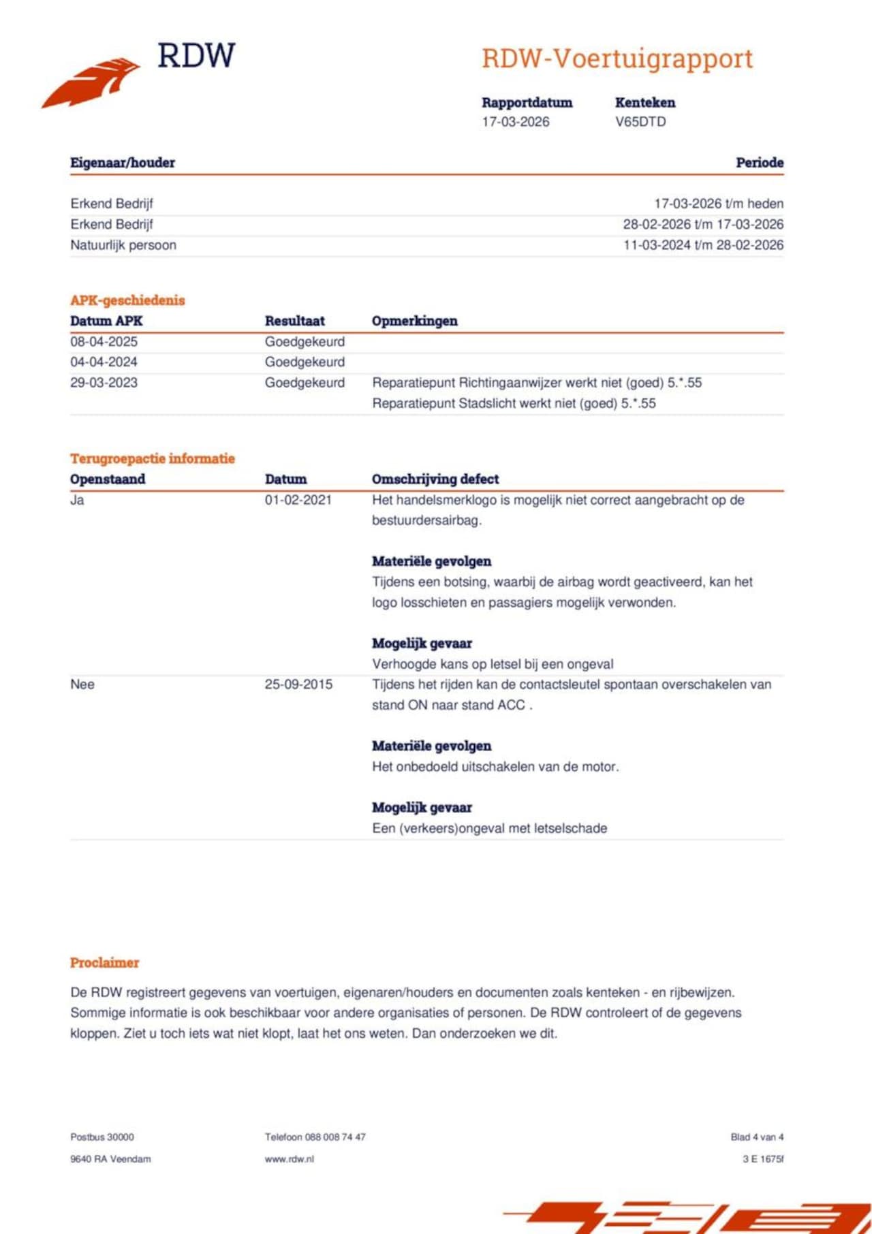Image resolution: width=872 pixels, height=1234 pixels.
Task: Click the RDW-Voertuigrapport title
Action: click(x=617, y=59)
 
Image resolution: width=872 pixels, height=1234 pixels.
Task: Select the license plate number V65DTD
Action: click(x=640, y=122)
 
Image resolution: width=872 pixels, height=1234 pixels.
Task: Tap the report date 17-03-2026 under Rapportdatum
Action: click(x=516, y=122)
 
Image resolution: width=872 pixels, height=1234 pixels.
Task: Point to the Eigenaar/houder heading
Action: click(x=123, y=163)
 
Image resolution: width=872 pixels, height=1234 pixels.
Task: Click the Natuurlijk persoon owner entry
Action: click(x=123, y=245)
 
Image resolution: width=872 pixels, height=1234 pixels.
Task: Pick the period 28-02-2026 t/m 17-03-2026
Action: click(x=703, y=225)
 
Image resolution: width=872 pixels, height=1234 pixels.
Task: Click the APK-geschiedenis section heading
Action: click(x=127, y=300)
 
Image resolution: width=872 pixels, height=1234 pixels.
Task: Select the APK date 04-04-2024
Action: click(x=104, y=362)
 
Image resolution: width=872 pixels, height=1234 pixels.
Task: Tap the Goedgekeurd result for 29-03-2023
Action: click(x=305, y=383)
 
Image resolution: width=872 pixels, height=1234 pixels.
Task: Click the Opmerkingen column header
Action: click(x=414, y=321)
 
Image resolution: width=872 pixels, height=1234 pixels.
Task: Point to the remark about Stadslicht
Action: click(x=514, y=403)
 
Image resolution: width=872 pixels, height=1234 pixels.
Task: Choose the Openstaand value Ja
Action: click(x=77, y=500)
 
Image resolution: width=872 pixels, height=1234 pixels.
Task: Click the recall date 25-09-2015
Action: click(x=298, y=684)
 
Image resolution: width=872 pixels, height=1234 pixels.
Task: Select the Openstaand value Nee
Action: click(x=82, y=684)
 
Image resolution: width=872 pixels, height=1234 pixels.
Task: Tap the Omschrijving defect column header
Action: click(x=435, y=479)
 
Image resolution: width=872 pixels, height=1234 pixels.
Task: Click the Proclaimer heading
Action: click(x=104, y=962)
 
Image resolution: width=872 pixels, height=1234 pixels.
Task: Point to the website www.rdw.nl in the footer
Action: click(x=290, y=1158)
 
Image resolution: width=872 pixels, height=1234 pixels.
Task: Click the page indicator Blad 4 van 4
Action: click(x=757, y=1137)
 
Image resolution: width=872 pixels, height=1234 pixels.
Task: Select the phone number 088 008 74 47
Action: click(x=335, y=1137)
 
